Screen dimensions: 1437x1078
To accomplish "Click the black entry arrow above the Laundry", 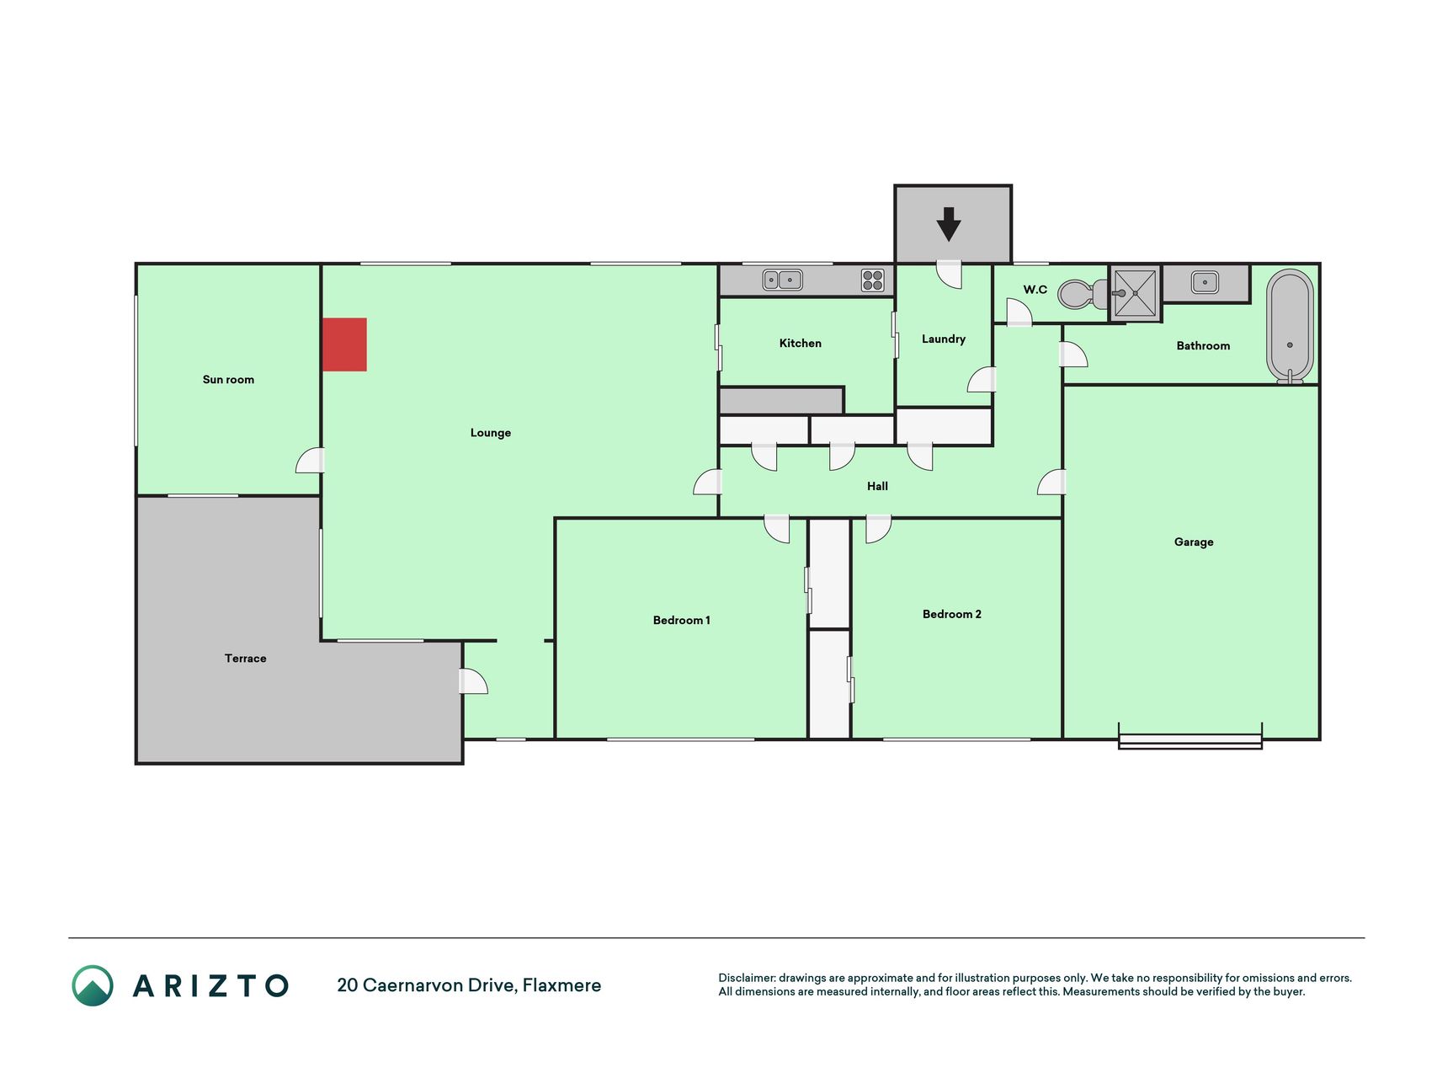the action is (x=949, y=225).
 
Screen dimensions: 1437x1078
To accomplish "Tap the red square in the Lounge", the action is (x=344, y=344).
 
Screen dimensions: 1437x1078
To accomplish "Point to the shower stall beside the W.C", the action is (x=1135, y=293).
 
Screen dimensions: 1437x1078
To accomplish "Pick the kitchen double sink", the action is (x=782, y=280).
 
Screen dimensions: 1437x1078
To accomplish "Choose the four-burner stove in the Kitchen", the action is (x=872, y=280).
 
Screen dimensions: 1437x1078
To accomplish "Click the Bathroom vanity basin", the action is (x=1205, y=282).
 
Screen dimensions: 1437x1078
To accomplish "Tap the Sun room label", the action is (x=228, y=380).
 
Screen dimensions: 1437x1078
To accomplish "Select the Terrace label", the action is (x=245, y=659).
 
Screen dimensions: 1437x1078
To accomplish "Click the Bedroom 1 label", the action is (x=682, y=621).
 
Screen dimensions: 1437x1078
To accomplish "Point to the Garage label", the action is (x=1194, y=542).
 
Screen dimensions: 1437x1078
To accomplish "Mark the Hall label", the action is (x=877, y=486).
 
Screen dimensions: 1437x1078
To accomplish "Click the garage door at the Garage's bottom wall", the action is (x=1190, y=740).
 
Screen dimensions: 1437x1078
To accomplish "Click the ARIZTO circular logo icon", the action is (x=93, y=985).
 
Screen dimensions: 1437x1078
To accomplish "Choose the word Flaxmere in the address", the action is (x=561, y=985).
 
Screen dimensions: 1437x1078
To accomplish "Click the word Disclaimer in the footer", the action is (x=747, y=978).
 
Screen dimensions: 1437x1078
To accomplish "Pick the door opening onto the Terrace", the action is (x=473, y=681).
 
